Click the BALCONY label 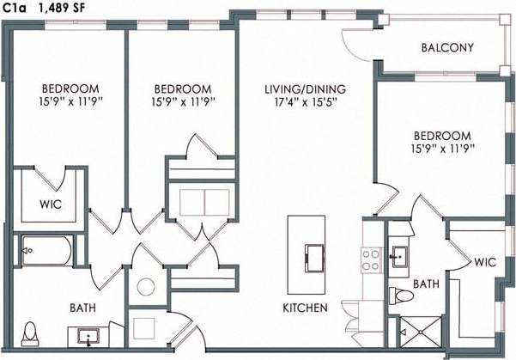[x=447, y=48]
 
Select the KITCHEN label [x=305, y=308]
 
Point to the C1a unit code [x=15, y=8]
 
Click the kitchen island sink [x=314, y=256]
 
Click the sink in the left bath [x=89, y=335]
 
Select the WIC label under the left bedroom [x=48, y=205]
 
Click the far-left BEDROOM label [x=70, y=88]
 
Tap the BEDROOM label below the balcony [x=442, y=136]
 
